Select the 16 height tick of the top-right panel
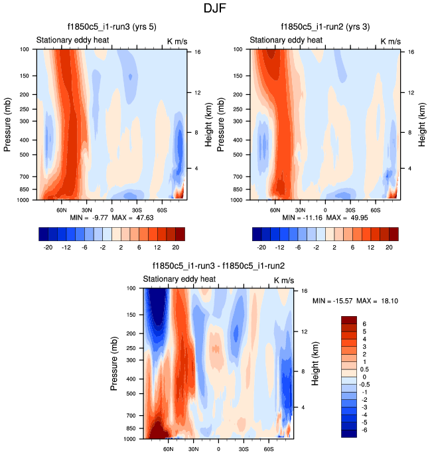pyautogui.click(x=411, y=51)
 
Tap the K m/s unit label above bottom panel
pyautogui.click(x=284, y=280)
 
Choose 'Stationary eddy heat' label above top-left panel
pyautogui.click(x=72, y=41)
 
